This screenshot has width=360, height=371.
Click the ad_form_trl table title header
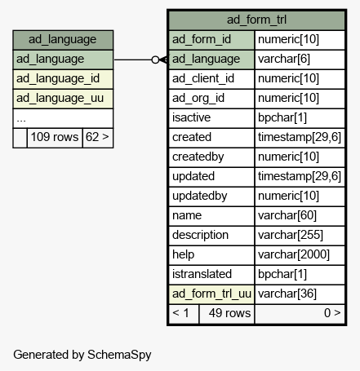click(256, 20)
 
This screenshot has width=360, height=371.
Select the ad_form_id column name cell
click(211, 40)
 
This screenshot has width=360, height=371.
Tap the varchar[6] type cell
click(300, 60)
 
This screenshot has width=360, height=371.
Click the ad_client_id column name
click(203, 79)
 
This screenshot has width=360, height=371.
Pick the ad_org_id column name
click(198, 99)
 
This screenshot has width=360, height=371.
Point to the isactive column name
click(191, 117)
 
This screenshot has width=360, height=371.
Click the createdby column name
click(198, 157)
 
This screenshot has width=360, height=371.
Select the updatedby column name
click(200, 196)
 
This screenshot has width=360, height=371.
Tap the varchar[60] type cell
click(300, 216)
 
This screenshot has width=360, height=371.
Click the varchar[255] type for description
click(300, 236)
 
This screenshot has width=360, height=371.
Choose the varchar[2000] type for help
click(300, 255)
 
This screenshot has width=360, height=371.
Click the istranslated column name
click(202, 274)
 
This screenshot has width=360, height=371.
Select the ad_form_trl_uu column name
click(211, 294)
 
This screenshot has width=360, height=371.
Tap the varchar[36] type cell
click(300, 294)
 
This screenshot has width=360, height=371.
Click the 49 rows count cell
click(227, 314)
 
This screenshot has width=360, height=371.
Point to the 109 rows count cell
click(55, 138)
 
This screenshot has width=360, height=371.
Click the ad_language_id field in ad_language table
click(63, 79)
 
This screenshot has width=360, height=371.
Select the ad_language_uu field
click(63, 99)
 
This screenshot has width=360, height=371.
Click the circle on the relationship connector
click(155, 60)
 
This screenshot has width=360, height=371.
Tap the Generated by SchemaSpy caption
click(82, 355)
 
